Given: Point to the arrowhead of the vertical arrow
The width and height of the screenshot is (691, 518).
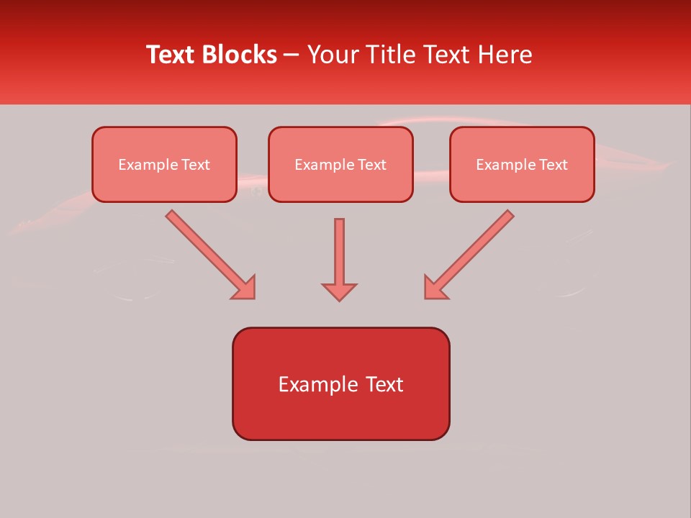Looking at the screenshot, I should pos(339,291).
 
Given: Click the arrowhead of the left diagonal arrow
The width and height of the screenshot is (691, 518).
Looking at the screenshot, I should pos(245,287).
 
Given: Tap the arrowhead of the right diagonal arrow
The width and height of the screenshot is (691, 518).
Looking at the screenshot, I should pos(435,287).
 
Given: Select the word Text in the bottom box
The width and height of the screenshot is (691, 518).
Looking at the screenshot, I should pos(384,384).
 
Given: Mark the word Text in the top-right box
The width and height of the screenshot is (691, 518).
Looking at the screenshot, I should pos(554,165).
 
